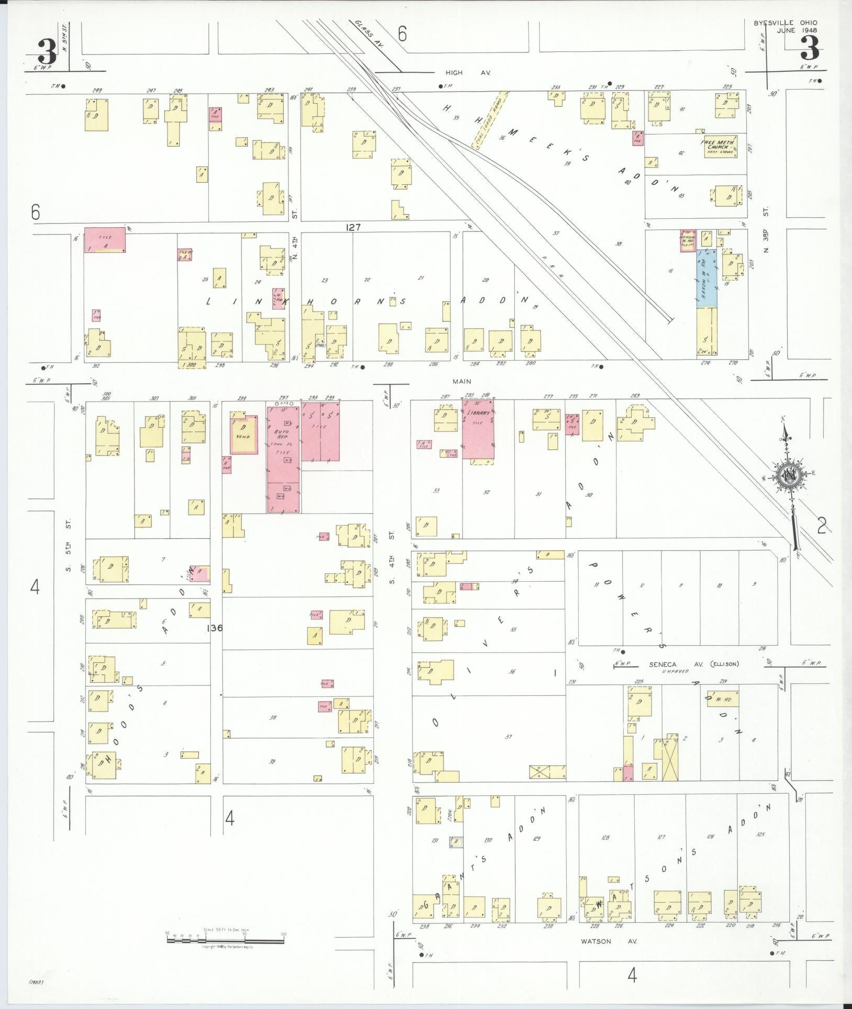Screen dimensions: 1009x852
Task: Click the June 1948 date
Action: (x=797, y=30)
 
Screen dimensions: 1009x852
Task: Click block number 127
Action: (x=354, y=227)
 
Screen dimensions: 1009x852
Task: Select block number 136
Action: (x=215, y=627)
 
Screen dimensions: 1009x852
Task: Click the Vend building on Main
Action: (x=244, y=435)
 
